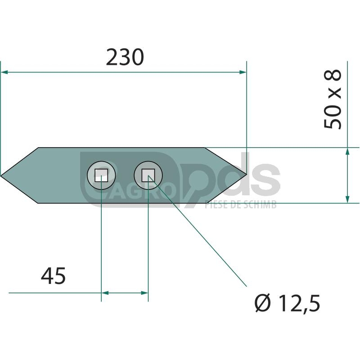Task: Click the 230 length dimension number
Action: pos(125,57)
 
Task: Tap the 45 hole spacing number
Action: pos(53,276)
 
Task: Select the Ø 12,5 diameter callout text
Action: pos(287,303)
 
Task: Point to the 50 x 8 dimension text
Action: pos(333,99)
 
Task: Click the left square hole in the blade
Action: pos(101,175)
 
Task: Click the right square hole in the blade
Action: pos(148,175)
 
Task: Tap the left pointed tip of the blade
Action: pos(1,175)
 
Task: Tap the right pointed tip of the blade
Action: pos(247,174)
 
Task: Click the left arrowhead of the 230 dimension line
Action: pos(4,72)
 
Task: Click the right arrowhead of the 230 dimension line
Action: pos(243,72)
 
